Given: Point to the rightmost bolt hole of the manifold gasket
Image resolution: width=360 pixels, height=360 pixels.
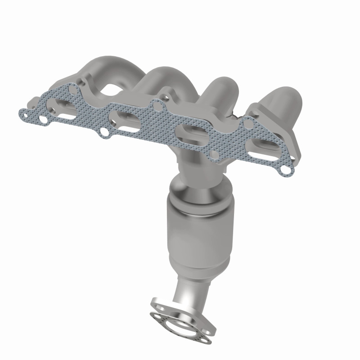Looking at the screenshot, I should pos(285,170).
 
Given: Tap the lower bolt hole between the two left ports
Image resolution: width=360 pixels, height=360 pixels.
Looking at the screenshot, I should pos(104,132).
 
